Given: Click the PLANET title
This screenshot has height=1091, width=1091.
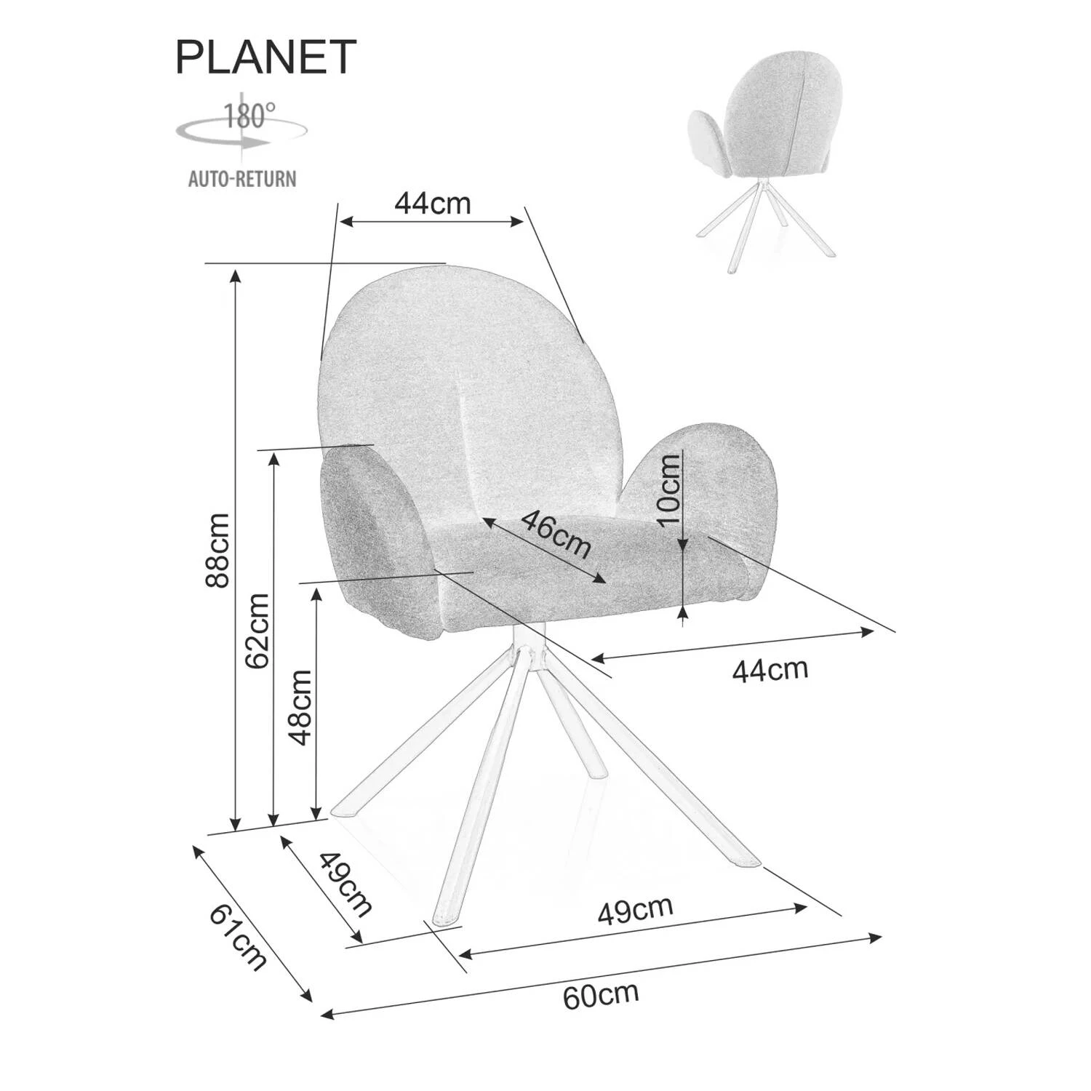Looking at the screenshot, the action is pyautogui.click(x=265, y=57).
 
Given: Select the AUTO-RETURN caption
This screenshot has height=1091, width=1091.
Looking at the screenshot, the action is pyautogui.click(x=242, y=179).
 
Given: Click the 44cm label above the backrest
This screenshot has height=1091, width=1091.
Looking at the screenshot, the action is pyautogui.click(x=432, y=203).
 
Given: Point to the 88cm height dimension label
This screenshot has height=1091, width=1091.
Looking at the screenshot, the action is pyautogui.click(x=217, y=551).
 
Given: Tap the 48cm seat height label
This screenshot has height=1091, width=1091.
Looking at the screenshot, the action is pyautogui.click(x=300, y=708).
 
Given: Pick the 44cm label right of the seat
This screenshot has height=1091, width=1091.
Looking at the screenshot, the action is pyautogui.click(x=770, y=669).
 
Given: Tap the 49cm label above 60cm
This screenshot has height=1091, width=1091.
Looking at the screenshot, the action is pyautogui.click(x=636, y=910).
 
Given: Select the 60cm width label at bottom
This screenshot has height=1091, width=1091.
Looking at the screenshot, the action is pyautogui.click(x=601, y=995).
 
